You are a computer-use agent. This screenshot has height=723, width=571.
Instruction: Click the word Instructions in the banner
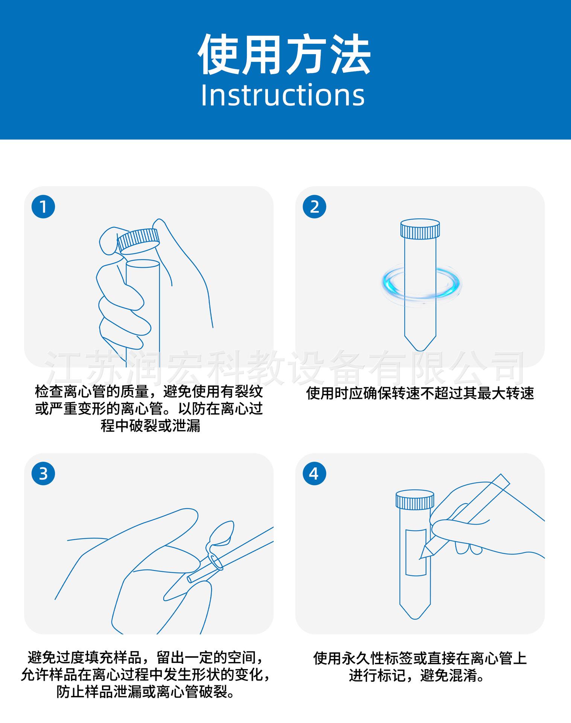click(283, 95)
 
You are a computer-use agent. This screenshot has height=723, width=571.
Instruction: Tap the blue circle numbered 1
click(43, 207)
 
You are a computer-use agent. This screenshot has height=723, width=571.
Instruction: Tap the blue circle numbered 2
click(314, 207)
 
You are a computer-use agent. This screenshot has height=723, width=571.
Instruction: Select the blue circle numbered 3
click(43, 473)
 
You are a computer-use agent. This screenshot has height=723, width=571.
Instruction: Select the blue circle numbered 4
click(314, 473)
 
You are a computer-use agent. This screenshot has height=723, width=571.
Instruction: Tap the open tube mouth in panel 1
click(143, 264)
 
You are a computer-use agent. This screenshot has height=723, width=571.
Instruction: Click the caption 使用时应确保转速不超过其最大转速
click(420, 394)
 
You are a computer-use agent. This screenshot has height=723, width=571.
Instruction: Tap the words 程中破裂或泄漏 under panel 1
click(150, 427)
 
